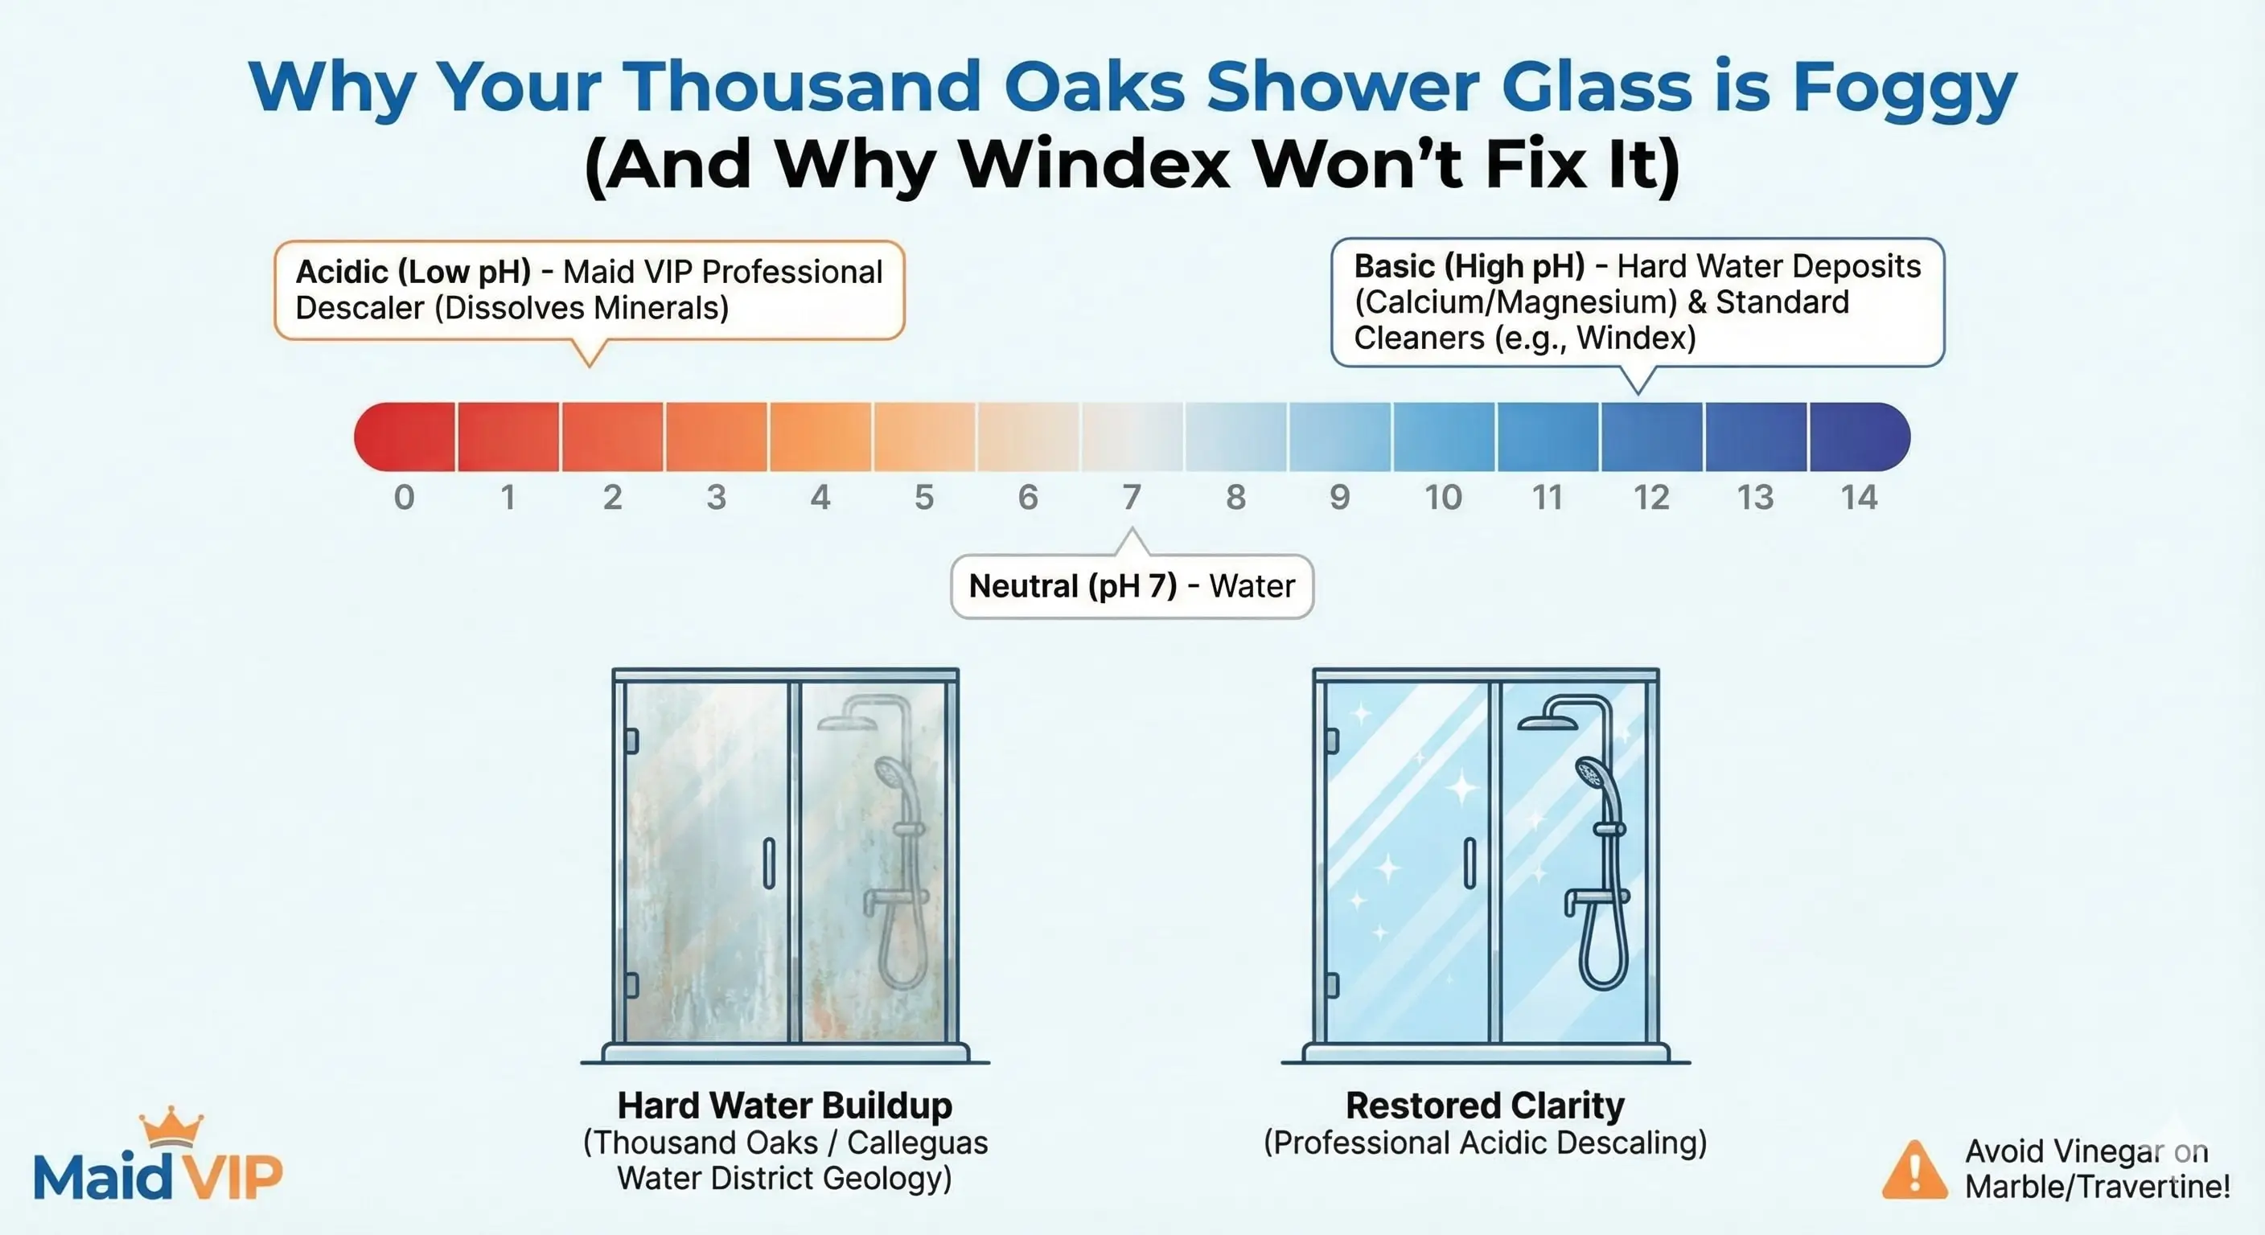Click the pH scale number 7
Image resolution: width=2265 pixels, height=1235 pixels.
pos(1132,498)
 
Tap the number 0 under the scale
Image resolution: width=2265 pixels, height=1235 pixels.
pos(405,498)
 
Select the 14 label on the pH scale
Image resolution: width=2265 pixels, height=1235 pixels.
pos(1859,498)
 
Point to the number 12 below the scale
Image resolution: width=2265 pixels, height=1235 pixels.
pos(1651,498)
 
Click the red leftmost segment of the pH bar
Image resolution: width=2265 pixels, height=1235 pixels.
pos(405,437)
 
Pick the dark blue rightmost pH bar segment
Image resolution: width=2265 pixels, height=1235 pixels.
pos(1859,437)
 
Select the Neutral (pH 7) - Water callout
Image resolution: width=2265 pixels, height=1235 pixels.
pos(1132,585)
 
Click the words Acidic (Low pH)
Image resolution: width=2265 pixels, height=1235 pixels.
pos(413,272)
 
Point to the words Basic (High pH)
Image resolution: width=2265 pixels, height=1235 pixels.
pos(1470,265)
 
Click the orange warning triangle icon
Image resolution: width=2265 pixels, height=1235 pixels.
pos(1914,1170)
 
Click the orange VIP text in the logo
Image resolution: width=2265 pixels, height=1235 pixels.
pos(228,1176)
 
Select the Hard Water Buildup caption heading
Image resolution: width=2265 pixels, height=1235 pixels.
pos(784,1105)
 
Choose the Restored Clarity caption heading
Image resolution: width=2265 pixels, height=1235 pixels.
pos(1485,1105)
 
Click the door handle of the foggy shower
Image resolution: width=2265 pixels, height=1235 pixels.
pos(770,864)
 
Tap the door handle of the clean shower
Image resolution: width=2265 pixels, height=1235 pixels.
pos(1470,864)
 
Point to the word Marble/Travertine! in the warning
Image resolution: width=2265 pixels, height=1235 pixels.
pos(2098,1188)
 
